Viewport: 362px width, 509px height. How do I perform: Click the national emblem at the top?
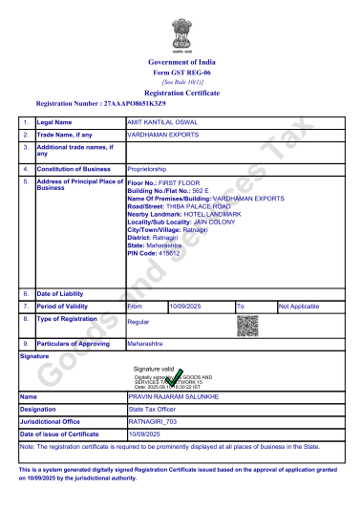(181, 34)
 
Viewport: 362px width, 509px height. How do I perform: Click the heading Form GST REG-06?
(181, 73)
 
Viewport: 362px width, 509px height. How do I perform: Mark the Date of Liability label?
(62, 292)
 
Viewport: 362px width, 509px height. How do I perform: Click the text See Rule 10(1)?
(181, 82)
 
